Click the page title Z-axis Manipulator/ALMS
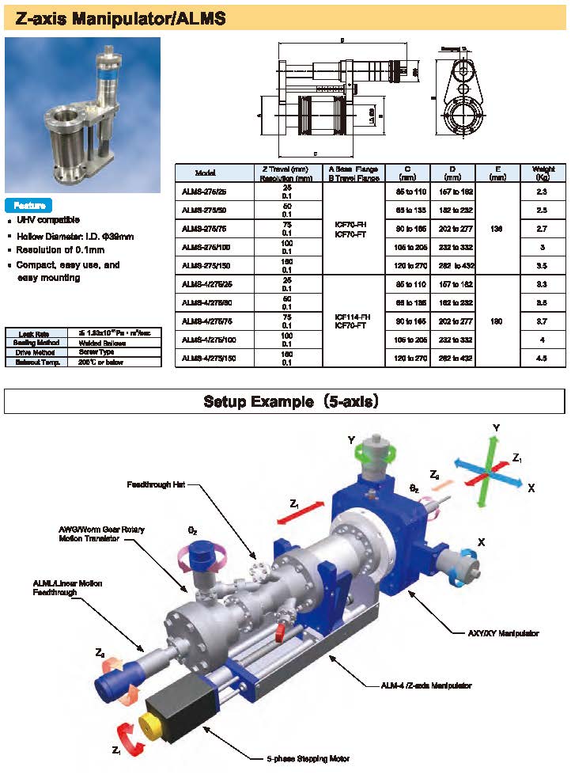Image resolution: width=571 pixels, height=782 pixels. pyautogui.click(x=116, y=18)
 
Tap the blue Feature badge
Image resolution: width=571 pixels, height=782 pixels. pyautogui.click(x=28, y=205)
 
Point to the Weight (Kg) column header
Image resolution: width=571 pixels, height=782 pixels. pyautogui.click(x=543, y=173)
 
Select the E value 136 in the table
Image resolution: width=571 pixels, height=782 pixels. pyautogui.click(x=497, y=229)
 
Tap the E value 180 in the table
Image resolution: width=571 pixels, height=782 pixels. pyautogui.click(x=497, y=321)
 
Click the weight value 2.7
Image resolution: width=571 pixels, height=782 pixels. pyautogui.click(x=543, y=228)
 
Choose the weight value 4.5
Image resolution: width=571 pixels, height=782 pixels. pyautogui.click(x=543, y=358)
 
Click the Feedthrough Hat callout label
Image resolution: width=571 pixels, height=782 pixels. pyautogui.click(x=156, y=484)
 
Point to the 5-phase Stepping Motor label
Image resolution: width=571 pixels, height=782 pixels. pyautogui.click(x=308, y=758)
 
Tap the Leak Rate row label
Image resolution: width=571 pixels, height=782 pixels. pyautogui.click(x=34, y=334)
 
